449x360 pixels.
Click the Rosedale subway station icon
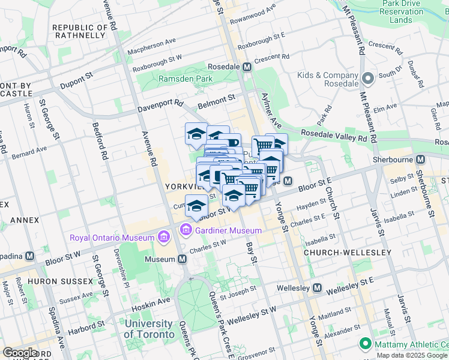(x=246, y=67)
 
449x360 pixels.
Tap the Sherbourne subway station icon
(x=420, y=160)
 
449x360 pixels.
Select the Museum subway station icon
(x=182, y=259)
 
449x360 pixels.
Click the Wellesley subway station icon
(x=316, y=289)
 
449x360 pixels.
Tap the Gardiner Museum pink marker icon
(x=186, y=230)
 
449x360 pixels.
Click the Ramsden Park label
(x=185, y=79)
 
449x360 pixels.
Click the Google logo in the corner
(x=19, y=353)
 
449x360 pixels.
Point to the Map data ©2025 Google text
(x=412, y=355)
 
